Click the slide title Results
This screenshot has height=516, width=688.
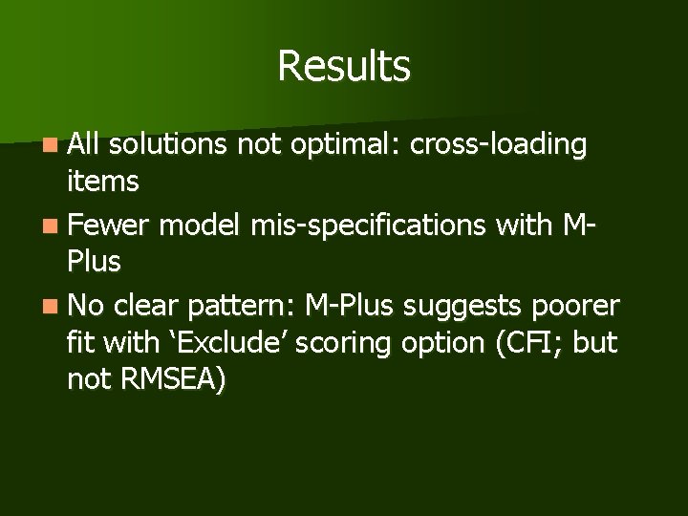pyautogui.click(x=344, y=67)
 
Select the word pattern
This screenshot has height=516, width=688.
pyautogui.click(x=241, y=306)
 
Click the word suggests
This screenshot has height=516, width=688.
pyautogui.click(x=462, y=306)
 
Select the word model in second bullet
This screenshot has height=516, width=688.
pyautogui.click(x=201, y=226)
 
